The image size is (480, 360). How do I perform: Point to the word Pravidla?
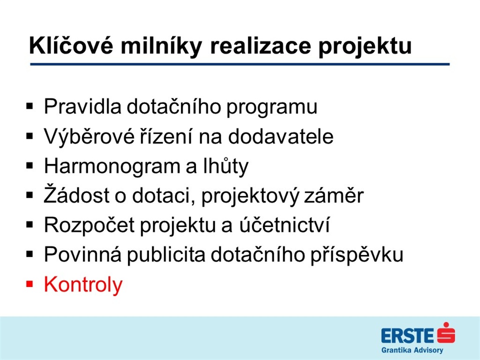click(x=82, y=106)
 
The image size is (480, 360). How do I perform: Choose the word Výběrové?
click(x=89, y=136)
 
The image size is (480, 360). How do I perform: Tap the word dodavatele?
click(x=281, y=136)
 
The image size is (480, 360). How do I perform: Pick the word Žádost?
click(x=76, y=195)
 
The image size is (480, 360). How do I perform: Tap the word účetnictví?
click(x=284, y=225)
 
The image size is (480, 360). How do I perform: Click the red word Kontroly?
click(x=83, y=285)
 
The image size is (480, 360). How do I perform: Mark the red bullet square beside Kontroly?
click(x=30, y=285)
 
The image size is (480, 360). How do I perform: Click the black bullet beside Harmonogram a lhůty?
click(x=30, y=166)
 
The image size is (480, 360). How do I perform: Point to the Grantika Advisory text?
click(x=412, y=350)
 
